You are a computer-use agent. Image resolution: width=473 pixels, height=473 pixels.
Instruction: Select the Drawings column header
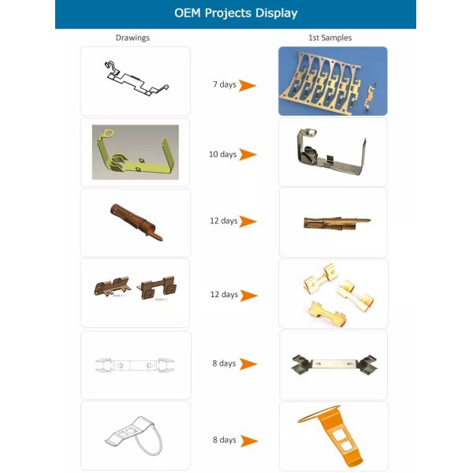tap(132, 37)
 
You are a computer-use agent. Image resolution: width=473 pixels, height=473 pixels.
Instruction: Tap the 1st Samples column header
tap(330, 37)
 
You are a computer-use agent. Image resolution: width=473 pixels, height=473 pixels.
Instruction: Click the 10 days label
tap(222, 155)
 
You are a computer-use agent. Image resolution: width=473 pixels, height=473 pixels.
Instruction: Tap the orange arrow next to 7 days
tap(248, 85)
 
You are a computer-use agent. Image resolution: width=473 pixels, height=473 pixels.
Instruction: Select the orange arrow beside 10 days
tap(248, 155)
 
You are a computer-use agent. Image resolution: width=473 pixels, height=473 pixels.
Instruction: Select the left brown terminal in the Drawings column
tap(113, 289)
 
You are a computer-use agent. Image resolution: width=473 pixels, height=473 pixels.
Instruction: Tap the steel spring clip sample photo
tap(333, 364)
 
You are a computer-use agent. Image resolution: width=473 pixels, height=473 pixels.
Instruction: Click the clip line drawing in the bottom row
tap(134, 438)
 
